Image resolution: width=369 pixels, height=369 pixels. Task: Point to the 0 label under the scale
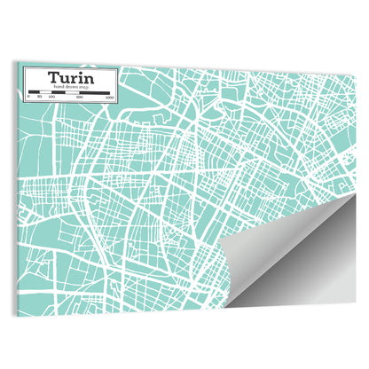[27, 96]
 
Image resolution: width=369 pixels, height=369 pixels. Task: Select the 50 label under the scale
[39, 96]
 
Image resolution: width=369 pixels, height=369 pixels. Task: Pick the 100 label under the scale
[51, 96]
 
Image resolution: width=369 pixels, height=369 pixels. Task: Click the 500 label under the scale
[78, 96]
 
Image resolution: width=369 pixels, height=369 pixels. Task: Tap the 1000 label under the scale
[107, 96]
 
